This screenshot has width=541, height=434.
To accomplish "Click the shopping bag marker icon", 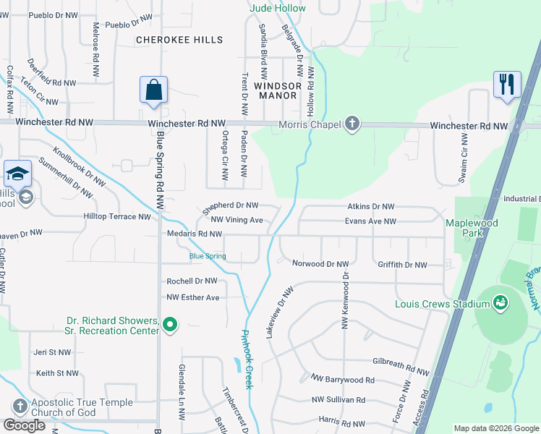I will click(x=153, y=91).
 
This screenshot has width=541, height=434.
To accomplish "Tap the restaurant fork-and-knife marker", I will click(x=507, y=84).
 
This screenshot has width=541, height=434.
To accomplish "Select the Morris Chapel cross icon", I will click(x=352, y=124).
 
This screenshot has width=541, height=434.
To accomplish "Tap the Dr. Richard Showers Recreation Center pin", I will click(x=170, y=325).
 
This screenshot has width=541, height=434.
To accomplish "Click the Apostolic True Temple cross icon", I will click(x=20, y=407).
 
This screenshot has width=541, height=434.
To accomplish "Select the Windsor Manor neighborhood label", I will click(x=277, y=91).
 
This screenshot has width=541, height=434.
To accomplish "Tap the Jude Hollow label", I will click(x=278, y=8).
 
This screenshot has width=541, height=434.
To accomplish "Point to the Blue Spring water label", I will click(x=208, y=256).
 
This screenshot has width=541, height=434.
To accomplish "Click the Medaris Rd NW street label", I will click(x=195, y=234).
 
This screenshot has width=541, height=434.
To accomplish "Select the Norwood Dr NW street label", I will click(x=320, y=264).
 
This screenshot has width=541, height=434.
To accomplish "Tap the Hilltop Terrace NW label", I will click(x=117, y=216).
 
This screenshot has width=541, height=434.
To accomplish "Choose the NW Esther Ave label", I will click(x=192, y=297).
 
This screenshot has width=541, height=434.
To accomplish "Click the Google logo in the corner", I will click(x=24, y=425).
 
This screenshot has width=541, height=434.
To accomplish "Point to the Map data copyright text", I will click(x=495, y=428).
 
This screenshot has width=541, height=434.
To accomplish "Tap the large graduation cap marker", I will click(x=17, y=174).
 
